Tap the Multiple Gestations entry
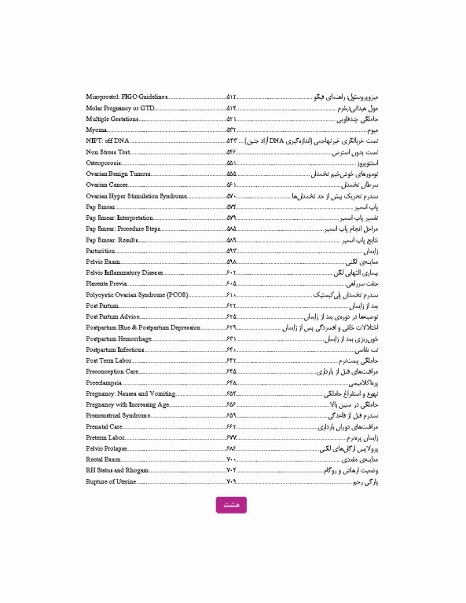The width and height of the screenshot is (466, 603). [x=112, y=119]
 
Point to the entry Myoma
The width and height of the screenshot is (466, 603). [x=97, y=130]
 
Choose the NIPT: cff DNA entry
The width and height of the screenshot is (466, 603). [x=108, y=141]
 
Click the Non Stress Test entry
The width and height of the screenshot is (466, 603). [x=107, y=152]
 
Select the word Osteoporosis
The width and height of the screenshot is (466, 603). [x=104, y=163]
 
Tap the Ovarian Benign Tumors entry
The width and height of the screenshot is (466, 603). [x=119, y=174]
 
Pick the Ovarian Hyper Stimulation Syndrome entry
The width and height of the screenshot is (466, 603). [x=137, y=196]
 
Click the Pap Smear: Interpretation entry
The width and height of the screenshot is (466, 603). [x=120, y=217]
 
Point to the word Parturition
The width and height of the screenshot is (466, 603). [x=101, y=250]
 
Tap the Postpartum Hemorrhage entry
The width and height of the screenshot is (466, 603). [x=119, y=338]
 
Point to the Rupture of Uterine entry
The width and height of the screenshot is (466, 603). [x=111, y=481]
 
